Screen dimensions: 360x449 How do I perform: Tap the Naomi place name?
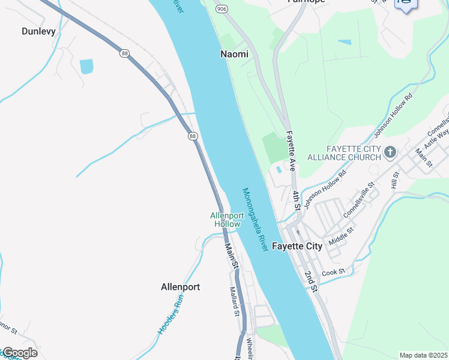(234, 54)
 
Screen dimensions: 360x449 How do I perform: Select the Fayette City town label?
(297, 246)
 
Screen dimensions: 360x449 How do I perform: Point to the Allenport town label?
(180, 287)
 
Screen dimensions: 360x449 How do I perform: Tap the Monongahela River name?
(255, 220)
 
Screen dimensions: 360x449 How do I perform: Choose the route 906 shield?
(222, 8)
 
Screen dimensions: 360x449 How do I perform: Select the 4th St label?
(297, 200)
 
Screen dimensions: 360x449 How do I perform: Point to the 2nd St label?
(310, 281)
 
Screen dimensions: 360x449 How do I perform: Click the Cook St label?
(334, 272)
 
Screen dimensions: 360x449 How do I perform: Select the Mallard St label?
(235, 302)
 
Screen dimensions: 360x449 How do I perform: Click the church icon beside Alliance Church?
(390, 152)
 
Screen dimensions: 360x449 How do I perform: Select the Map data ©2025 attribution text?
(423, 355)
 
